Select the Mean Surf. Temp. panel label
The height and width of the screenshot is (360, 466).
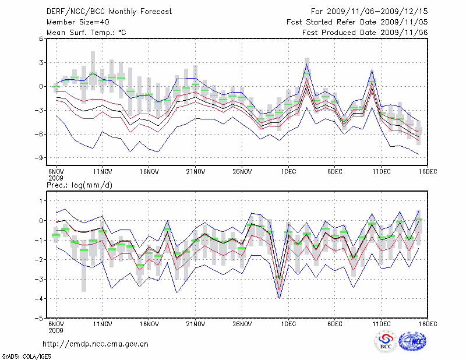tap(87, 33)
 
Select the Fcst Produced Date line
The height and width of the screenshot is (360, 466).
tap(365, 33)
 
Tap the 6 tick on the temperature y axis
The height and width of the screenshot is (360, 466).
tap(41, 39)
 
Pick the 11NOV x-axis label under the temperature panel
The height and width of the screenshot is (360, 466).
tap(103, 172)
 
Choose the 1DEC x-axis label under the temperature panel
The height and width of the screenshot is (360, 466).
tap(288, 172)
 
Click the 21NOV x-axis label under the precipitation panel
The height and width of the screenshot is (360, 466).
tap(195, 323)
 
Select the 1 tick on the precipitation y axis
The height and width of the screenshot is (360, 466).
tap(41, 201)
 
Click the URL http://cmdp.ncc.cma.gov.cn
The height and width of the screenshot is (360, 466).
tap(96, 344)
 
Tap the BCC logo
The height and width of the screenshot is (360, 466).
tap(386, 342)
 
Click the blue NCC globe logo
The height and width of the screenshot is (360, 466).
tap(412, 342)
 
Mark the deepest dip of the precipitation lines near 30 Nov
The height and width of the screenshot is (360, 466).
tap(280, 298)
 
